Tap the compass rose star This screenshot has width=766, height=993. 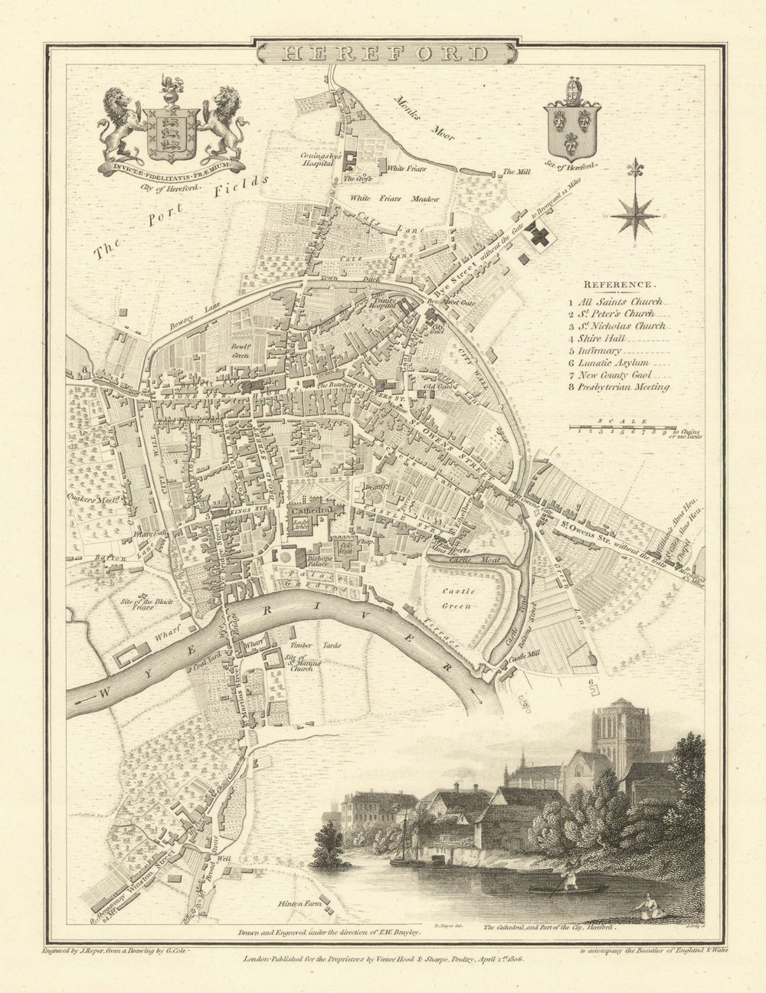point(635,214)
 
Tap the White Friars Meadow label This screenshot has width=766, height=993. point(395,199)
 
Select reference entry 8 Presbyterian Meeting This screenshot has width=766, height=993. point(624,387)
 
